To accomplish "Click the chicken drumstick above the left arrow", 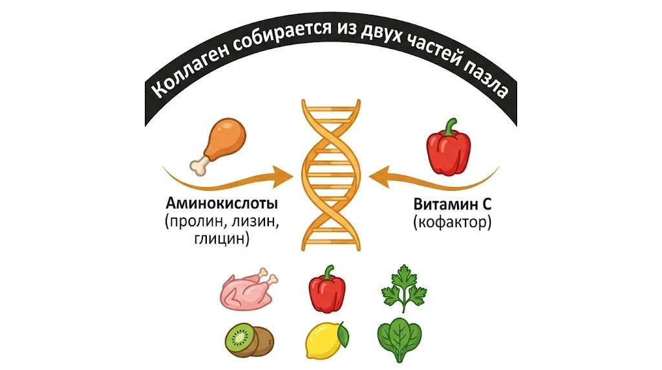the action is point(217,146).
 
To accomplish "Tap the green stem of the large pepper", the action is point(451,126).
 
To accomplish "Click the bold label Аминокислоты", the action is point(222,204).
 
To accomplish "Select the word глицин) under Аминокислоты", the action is point(222,239).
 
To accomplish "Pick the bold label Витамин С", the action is point(452,204).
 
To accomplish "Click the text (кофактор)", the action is point(452,222).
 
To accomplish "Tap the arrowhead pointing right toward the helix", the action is point(283,176).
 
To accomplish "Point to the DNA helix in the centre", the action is point(331,175).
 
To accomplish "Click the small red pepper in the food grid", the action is point(327,289).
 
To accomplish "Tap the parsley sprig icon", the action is point(403,288).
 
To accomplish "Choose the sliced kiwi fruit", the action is point(249,340).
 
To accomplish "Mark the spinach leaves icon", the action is point(398,340).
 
